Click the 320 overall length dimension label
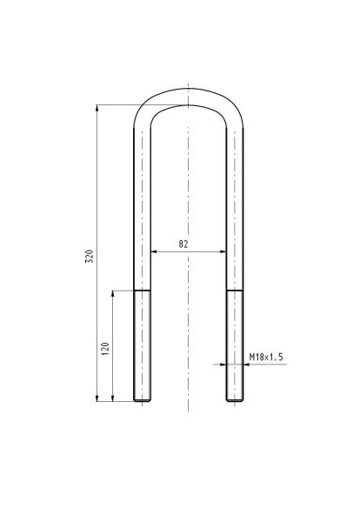coord(90,256)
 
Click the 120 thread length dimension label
coord(105,349)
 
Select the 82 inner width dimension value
coord(183,244)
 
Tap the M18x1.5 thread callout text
coord(266,358)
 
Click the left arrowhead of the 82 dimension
coord(154,251)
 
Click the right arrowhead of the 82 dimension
coord(223,251)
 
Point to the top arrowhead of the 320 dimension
coord(97,108)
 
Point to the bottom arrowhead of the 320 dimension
coord(97,398)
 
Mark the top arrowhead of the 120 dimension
coord(113,294)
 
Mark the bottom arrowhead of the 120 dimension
coord(113,398)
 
